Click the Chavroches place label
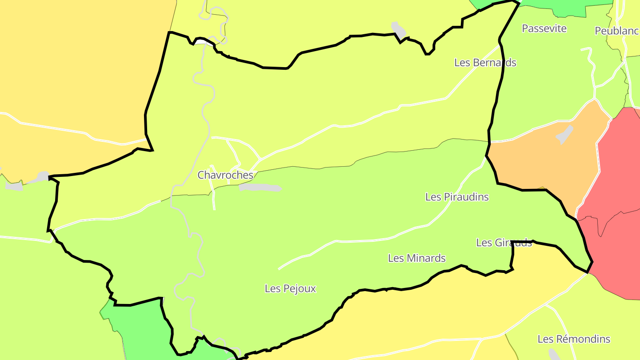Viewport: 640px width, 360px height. [x=225, y=175]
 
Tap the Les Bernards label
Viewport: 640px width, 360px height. [x=485, y=63]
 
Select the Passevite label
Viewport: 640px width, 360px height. [x=544, y=28]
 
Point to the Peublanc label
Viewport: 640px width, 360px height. [x=617, y=31]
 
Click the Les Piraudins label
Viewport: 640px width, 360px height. [x=457, y=197]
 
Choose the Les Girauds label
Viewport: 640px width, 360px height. [x=504, y=243]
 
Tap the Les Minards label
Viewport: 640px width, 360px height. [x=416, y=258]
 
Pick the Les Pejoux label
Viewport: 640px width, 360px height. [x=290, y=288]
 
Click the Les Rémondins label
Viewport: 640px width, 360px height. [x=574, y=339]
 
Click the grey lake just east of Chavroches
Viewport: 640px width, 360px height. [x=260, y=188]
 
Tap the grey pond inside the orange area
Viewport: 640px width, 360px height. [x=564, y=134]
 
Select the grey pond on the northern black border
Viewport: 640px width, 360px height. [x=398, y=29]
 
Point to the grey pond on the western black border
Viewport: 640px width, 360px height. [x=42, y=177]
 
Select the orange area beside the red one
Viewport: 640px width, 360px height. [x=542, y=164]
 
